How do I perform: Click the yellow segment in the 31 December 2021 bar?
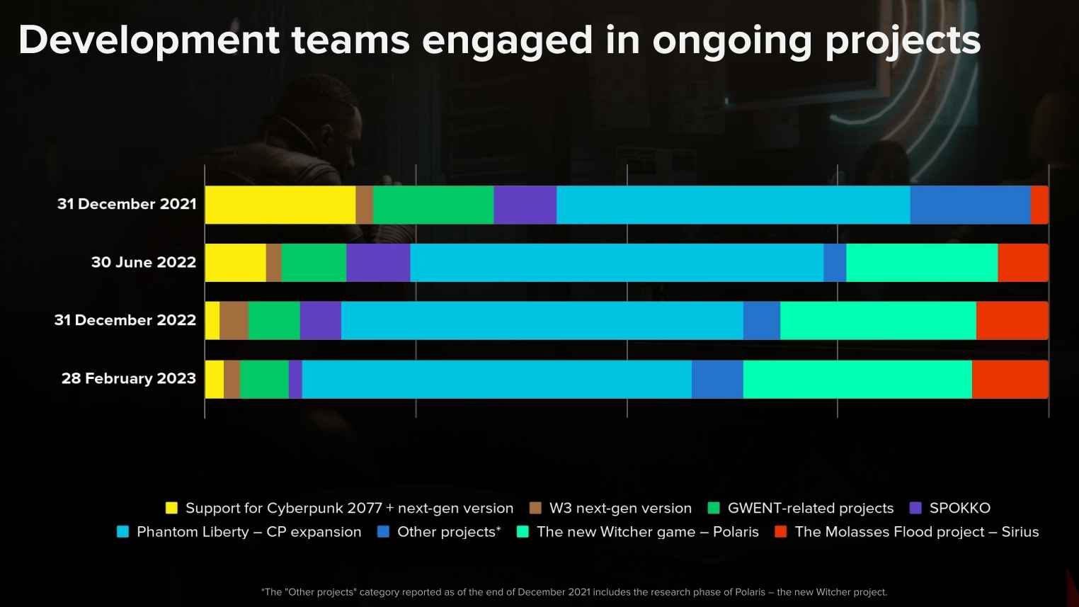pos(280,205)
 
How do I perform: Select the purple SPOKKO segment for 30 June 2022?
pos(378,263)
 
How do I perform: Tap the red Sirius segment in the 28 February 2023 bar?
pos(1010,379)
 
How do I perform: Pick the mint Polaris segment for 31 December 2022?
pos(878,321)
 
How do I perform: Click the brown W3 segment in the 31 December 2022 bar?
pos(234,321)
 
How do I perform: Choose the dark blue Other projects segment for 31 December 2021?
pos(970,205)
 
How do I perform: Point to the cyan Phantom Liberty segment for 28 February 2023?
pos(496,379)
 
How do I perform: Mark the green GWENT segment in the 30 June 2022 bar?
pos(314,263)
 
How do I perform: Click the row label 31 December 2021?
pos(127,204)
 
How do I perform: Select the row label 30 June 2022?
pos(144,262)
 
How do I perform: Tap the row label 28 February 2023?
pos(128,378)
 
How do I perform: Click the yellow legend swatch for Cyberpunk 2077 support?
pos(171,508)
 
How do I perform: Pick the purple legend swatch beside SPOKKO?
pos(915,508)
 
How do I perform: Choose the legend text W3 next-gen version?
pos(620,508)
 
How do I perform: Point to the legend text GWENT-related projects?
pos(810,508)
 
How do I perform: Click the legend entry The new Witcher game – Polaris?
pos(647,532)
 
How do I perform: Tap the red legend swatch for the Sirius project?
pos(781,532)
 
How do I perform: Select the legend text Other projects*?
pos(449,532)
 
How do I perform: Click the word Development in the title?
pos(149,40)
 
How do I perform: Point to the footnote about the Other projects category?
pos(573,592)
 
